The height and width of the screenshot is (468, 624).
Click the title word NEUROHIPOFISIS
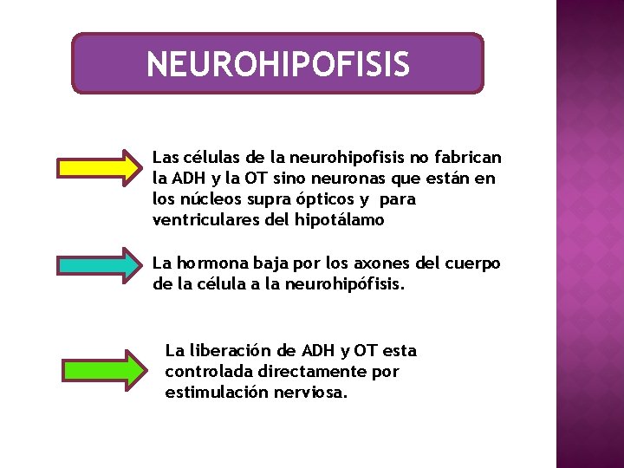277,64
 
